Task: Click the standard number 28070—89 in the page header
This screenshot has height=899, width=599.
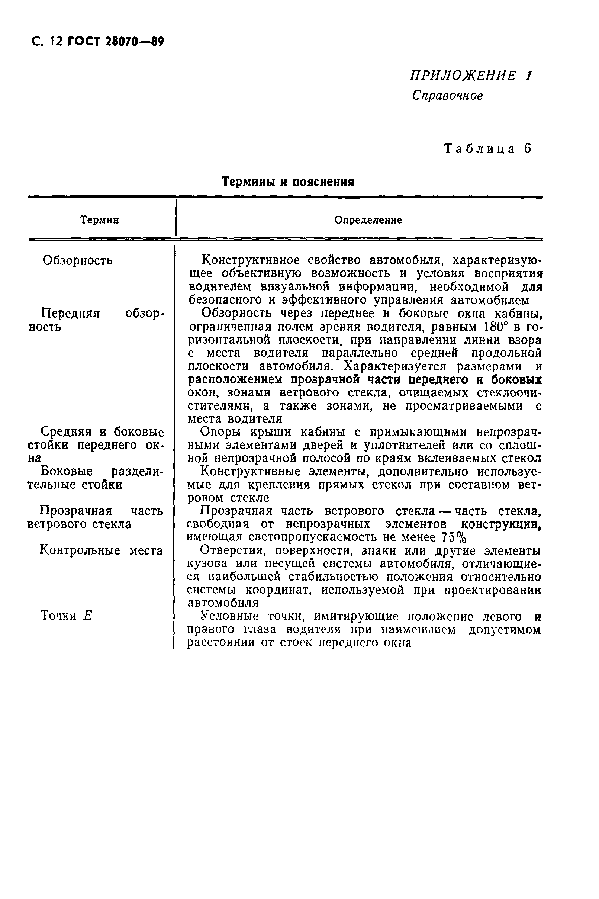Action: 134,41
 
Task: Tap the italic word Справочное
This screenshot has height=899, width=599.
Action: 447,96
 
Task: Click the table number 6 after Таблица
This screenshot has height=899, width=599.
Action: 528,149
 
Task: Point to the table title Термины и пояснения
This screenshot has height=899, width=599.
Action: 288,182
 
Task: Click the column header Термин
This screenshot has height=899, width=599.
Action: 100,220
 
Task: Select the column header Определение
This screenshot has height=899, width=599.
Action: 368,220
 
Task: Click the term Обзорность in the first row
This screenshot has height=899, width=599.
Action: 78,261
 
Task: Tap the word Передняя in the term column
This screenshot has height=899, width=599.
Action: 70,313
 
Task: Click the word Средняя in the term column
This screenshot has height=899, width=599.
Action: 66,432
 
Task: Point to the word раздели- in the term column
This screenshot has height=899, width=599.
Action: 137,472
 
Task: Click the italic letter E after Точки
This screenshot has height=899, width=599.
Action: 87,616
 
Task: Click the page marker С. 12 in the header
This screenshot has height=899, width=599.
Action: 47,41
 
